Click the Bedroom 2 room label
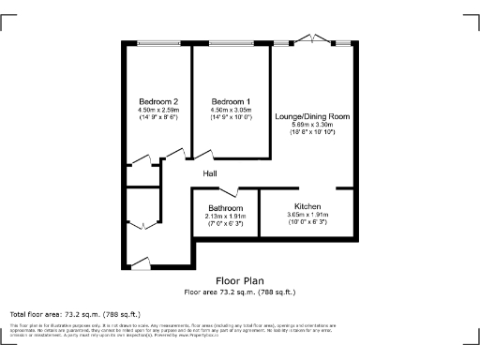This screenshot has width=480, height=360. (158, 101)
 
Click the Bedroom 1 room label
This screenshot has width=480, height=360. (231, 101)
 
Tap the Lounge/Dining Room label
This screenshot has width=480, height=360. (312, 116)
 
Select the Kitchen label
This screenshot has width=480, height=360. (308, 205)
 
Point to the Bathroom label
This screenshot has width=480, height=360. (226, 208)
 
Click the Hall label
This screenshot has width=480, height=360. (212, 172)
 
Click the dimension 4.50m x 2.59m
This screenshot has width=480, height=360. (158, 110)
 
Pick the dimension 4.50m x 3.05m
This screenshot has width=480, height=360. (231, 110)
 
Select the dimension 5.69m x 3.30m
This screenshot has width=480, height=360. (312, 125)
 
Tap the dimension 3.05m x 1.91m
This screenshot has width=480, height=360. (308, 215)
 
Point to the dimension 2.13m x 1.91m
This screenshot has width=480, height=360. (226, 217)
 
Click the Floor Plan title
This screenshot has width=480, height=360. (240, 280)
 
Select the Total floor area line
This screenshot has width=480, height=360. (75, 314)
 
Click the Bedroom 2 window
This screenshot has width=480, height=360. (157, 43)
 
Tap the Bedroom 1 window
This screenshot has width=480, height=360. (231, 43)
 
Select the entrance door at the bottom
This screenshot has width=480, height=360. (141, 262)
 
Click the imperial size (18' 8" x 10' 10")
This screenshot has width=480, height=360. (312, 133)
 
